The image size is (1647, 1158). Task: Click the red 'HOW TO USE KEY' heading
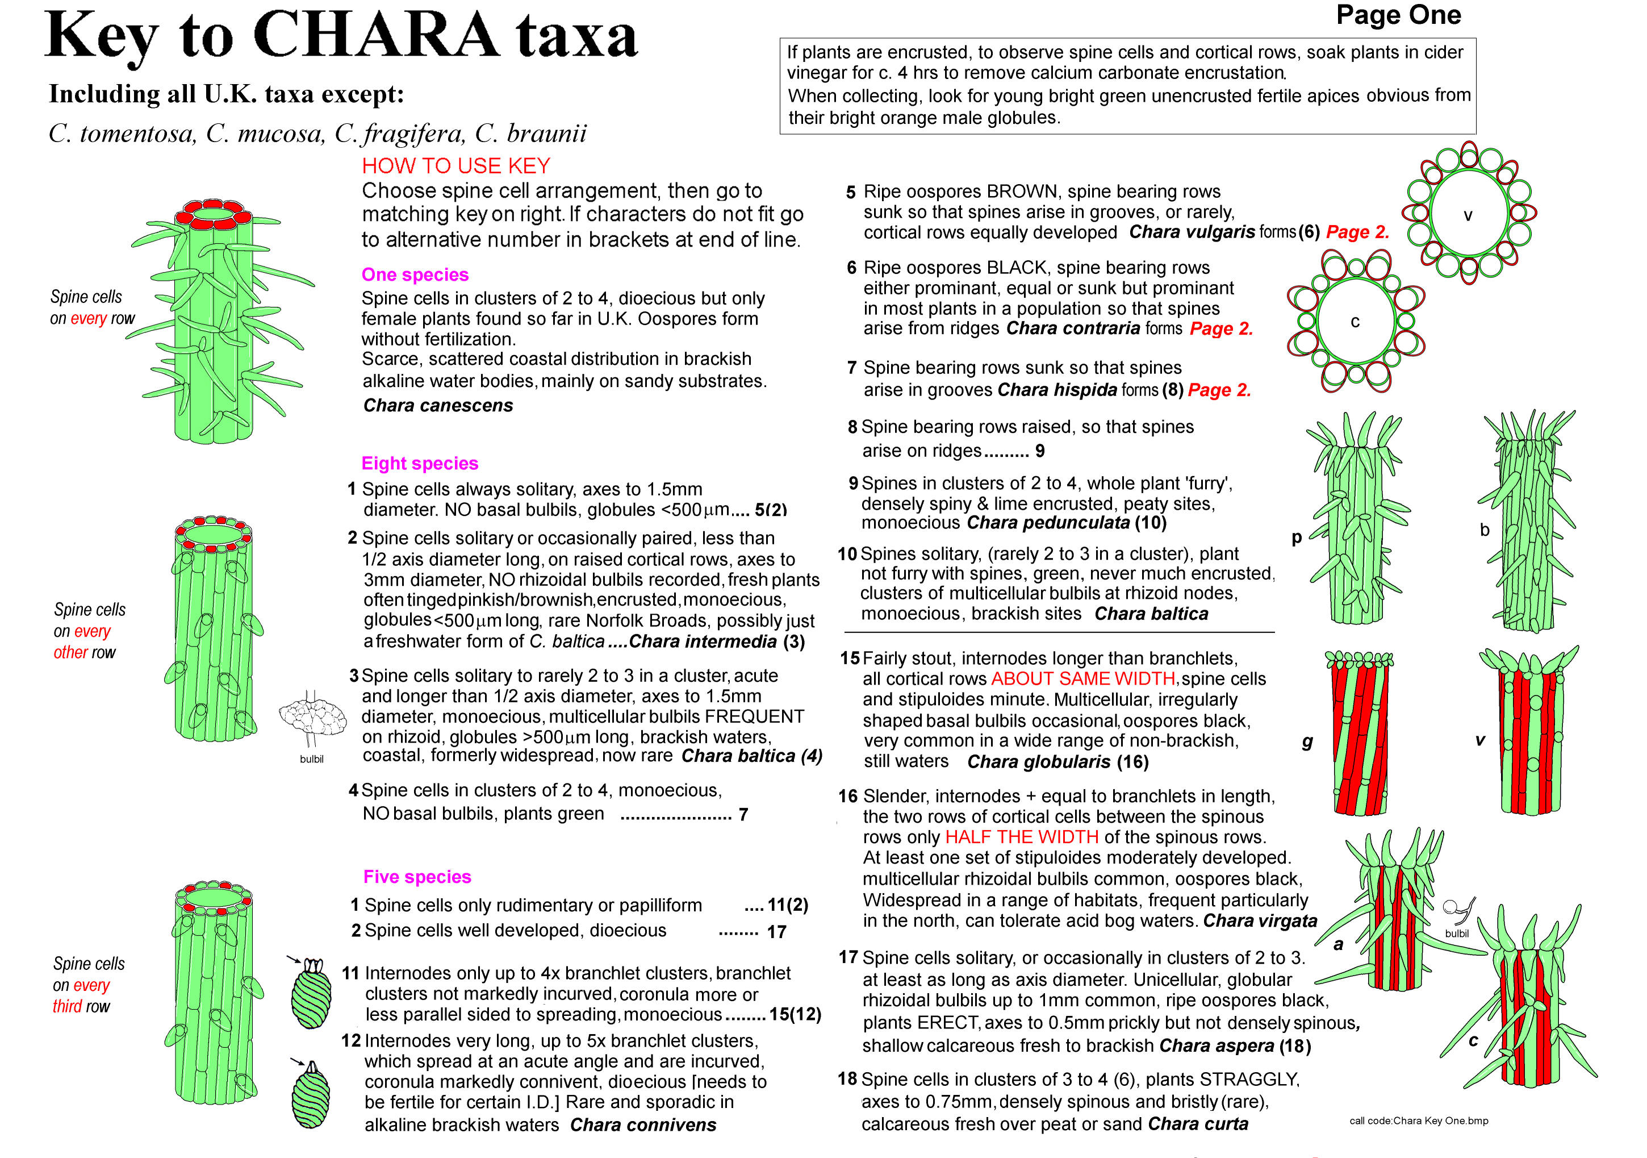(455, 166)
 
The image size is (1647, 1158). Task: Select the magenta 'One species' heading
(415, 275)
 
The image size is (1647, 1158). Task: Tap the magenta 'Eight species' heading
(420, 464)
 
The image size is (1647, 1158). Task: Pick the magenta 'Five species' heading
(417, 877)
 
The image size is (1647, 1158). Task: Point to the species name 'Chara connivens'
(643, 1125)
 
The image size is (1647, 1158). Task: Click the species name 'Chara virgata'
(1260, 920)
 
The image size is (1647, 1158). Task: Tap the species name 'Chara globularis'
(1038, 762)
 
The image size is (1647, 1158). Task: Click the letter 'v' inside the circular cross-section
(1468, 215)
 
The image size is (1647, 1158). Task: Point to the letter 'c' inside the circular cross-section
(1355, 322)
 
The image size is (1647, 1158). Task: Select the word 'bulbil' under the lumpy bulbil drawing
(311, 759)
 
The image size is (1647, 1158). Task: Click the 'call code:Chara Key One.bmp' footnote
(1418, 1120)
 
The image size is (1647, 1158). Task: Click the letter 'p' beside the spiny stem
(1296, 538)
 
